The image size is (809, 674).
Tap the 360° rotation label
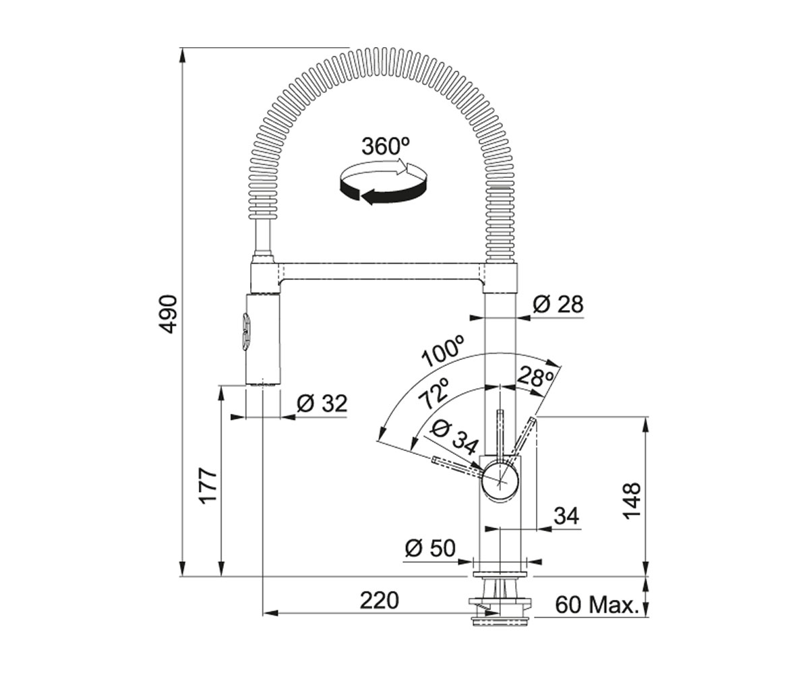[x=385, y=146]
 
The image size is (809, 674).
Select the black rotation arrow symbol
[x=383, y=183]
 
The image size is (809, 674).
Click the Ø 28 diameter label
[x=558, y=304]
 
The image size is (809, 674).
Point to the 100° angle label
[x=442, y=351]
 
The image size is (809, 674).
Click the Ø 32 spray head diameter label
[x=322, y=404]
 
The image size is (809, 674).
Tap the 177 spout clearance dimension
[x=208, y=486]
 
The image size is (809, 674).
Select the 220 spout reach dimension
[x=380, y=601]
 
